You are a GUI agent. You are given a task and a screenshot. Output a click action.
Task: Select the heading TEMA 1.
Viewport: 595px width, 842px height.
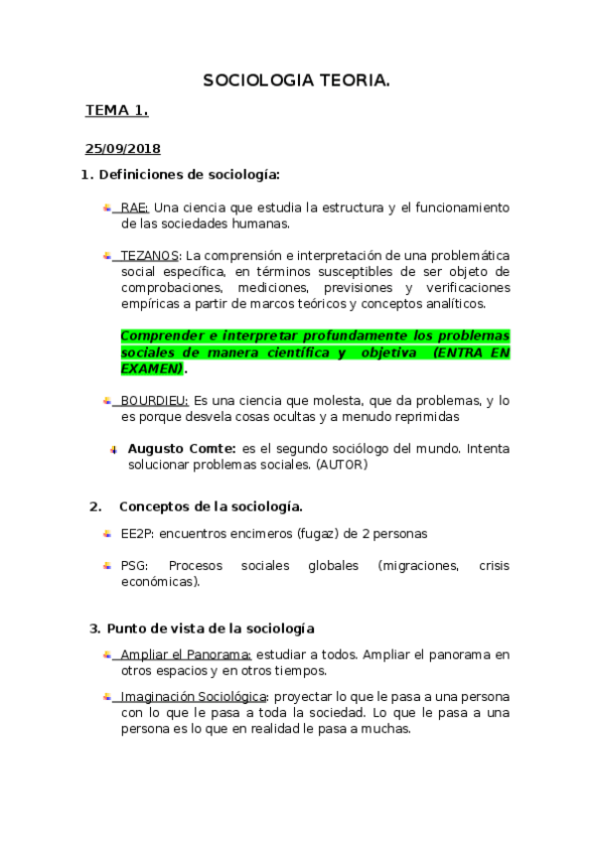[116, 110]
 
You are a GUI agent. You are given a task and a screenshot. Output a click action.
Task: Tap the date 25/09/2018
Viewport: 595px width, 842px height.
[122, 149]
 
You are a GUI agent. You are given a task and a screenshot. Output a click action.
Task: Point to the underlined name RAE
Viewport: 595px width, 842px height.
[134, 208]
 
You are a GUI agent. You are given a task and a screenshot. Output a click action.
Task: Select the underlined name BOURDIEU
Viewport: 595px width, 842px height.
[154, 400]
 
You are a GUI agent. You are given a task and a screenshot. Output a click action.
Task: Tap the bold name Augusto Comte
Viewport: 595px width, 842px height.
[182, 448]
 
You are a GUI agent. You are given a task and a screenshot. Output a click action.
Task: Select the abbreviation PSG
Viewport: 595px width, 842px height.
[133, 566]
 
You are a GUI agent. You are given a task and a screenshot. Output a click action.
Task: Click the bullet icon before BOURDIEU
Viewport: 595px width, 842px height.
[107, 400]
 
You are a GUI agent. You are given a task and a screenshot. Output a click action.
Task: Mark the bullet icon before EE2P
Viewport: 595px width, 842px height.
[107, 533]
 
